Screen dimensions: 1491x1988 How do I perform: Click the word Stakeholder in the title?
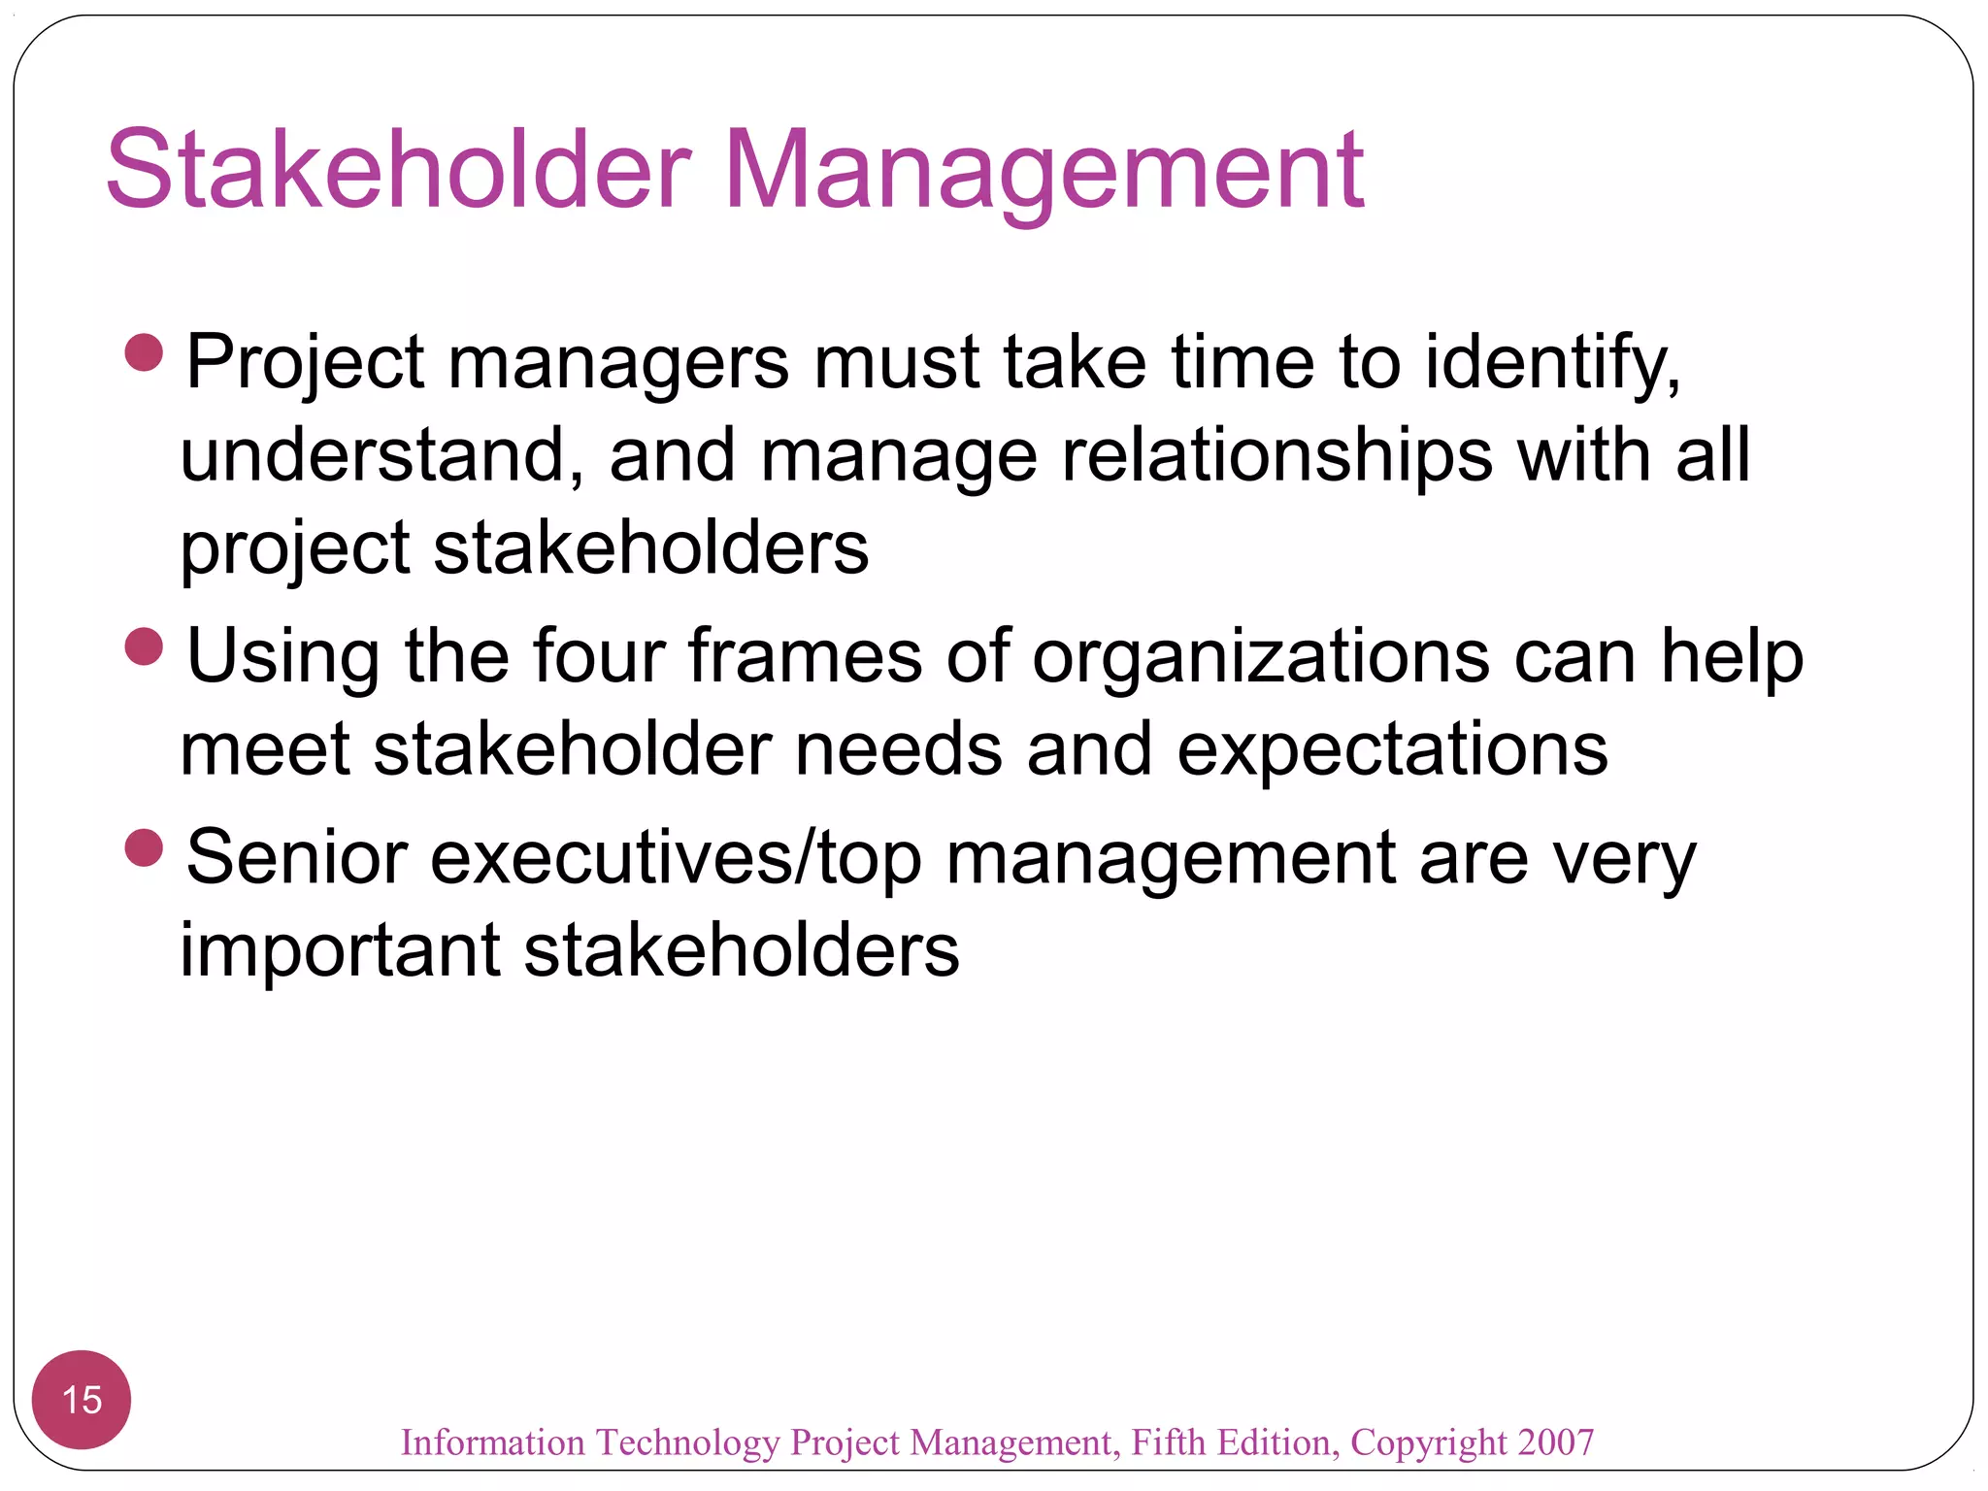click(398, 170)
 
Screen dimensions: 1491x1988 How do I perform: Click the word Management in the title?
click(1044, 170)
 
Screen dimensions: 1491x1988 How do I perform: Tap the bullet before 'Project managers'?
click(145, 352)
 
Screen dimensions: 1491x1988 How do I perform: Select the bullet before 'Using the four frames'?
click(145, 646)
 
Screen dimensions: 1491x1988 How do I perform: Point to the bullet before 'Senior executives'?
click(145, 847)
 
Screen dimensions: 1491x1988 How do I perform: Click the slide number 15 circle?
click(82, 1399)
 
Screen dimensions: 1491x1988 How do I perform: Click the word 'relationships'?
click(1277, 455)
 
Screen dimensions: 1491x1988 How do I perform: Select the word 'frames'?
click(805, 657)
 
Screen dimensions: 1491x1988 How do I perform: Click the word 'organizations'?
click(1261, 657)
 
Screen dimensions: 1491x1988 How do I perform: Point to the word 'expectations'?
click(1392, 749)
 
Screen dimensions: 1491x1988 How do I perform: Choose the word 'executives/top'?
click(676, 858)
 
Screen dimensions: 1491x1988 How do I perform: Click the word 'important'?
click(340, 950)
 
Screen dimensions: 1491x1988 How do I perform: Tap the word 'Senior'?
click(297, 858)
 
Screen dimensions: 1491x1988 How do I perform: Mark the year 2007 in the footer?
click(1556, 1442)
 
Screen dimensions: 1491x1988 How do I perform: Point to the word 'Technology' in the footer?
click(687, 1443)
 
